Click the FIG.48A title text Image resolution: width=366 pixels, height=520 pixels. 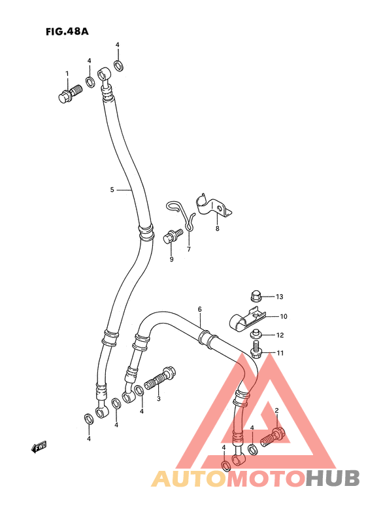[x=67, y=31]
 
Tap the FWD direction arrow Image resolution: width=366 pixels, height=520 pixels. [x=39, y=447]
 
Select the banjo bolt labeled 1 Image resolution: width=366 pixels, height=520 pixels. [x=70, y=93]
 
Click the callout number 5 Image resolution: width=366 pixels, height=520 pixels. [x=112, y=190]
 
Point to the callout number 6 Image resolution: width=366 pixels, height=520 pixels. [x=199, y=309]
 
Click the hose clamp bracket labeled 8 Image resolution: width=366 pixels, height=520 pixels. [x=213, y=207]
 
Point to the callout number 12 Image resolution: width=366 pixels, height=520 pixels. [x=280, y=335]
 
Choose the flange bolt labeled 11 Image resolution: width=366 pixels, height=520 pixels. [x=256, y=350]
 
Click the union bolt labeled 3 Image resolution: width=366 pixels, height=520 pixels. [x=161, y=379]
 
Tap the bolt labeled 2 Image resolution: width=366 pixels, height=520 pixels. [x=273, y=437]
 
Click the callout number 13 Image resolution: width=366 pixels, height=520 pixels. [x=280, y=297]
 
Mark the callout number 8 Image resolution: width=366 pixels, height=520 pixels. [x=218, y=229]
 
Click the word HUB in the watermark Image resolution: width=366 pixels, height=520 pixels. [x=332, y=479]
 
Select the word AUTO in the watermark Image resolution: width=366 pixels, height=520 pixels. [x=190, y=479]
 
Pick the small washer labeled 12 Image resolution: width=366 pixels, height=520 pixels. [x=255, y=333]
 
